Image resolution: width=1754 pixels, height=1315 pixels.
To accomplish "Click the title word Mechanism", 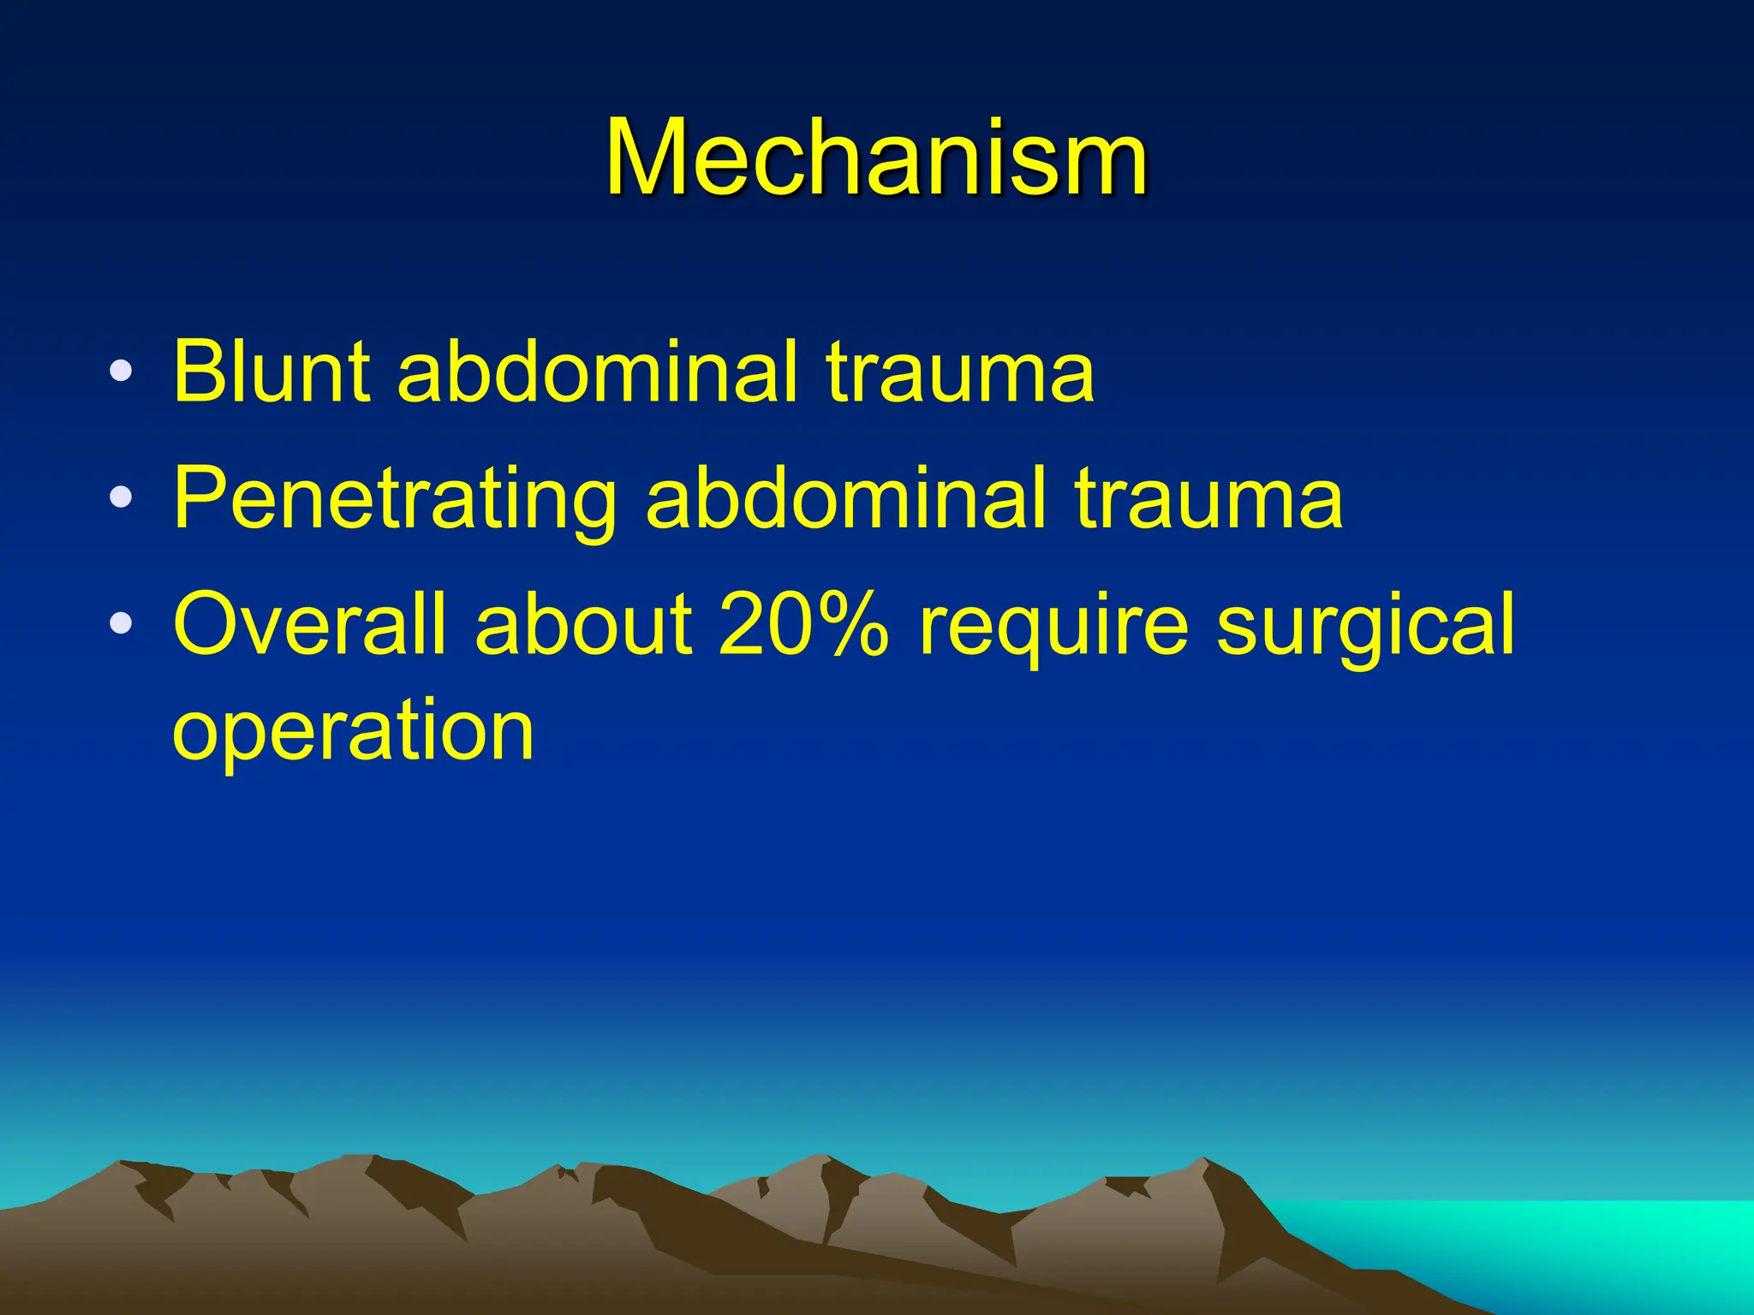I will (876, 158).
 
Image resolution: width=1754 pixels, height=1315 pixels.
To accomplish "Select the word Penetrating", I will (395, 498).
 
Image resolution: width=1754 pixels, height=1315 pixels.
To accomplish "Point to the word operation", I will (353, 729).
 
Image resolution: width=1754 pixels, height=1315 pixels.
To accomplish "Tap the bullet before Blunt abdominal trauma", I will (122, 372).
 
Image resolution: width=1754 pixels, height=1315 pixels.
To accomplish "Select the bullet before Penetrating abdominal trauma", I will (122, 497).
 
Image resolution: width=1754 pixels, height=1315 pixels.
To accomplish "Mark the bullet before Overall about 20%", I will (122, 623).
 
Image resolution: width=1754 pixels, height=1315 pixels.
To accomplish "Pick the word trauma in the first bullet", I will (960, 372).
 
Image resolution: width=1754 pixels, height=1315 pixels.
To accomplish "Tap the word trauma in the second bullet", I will (1208, 498).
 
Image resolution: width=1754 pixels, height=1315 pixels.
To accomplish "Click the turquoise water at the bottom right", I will (1542, 1241).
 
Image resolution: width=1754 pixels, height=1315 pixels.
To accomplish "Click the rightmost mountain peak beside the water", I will (1203, 1163).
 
